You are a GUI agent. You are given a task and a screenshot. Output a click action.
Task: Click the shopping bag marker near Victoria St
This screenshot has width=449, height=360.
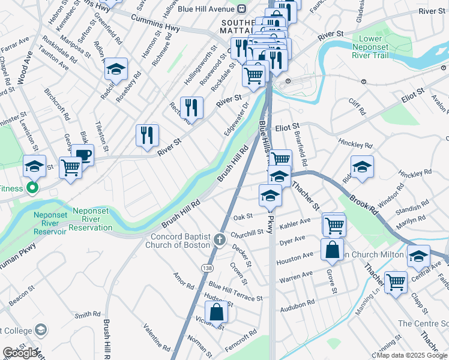[217, 313]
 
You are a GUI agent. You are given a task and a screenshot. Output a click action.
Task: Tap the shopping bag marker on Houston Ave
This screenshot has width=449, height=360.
[332, 251]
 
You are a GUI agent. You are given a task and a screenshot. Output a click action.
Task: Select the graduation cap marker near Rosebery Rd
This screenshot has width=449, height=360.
[115, 70]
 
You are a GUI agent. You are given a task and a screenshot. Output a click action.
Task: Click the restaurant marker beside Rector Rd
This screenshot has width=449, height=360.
[191, 108]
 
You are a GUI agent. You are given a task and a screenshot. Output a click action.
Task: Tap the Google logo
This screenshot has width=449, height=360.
[19, 353]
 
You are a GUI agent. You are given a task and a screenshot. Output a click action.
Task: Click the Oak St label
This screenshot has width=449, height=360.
[242, 216]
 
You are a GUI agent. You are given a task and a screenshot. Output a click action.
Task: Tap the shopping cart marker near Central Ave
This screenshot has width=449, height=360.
[396, 281]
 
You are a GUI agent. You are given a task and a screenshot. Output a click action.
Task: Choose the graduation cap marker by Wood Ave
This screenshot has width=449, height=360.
[34, 166]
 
